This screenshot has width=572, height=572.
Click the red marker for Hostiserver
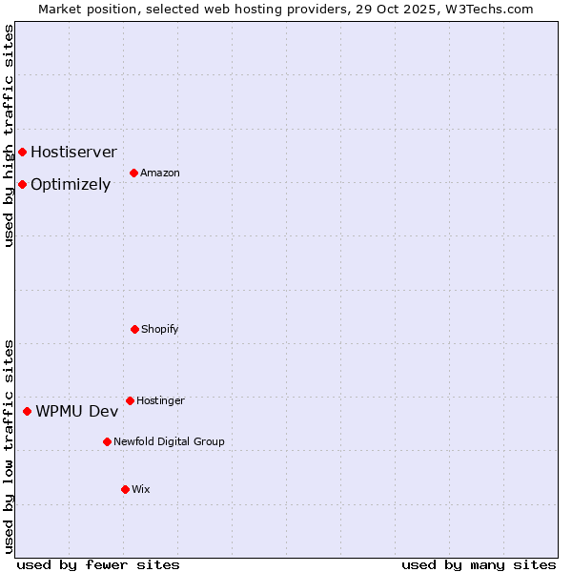pyautogui.click(x=22, y=153)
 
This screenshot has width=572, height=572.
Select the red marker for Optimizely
pyautogui.click(x=22, y=184)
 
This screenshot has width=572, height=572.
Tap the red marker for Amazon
pyautogui.click(x=133, y=173)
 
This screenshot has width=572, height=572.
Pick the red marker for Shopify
pyautogui.click(x=134, y=329)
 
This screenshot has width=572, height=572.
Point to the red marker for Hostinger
pyautogui.click(x=130, y=400)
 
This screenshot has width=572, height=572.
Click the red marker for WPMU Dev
pyautogui.click(x=27, y=411)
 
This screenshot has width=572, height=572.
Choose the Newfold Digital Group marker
pyautogui.click(x=107, y=441)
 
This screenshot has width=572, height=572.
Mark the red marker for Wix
pyautogui.click(x=125, y=489)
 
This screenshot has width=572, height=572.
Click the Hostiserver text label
pyautogui.click(x=73, y=153)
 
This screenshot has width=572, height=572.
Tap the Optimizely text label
pyautogui.click(x=71, y=185)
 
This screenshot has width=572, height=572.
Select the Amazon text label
pyautogui.click(x=160, y=173)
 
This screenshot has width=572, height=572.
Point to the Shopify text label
pyautogui.click(x=160, y=329)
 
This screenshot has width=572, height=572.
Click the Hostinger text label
pyautogui.click(x=160, y=400)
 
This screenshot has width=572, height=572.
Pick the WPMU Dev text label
pyautogui.click(x=77, y=412)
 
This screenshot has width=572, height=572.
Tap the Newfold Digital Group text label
pyautogui.click(x=169, y=441)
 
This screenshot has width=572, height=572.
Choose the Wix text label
pyautogui.click(x=141, y=489)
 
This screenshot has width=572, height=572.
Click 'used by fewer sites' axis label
pyautogui.click(x=98, y=564)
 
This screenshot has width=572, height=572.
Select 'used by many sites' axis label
pyautogui.click(x=479, y=564)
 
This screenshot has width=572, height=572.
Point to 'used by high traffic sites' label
pyautogui.click(x=9, y=135)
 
